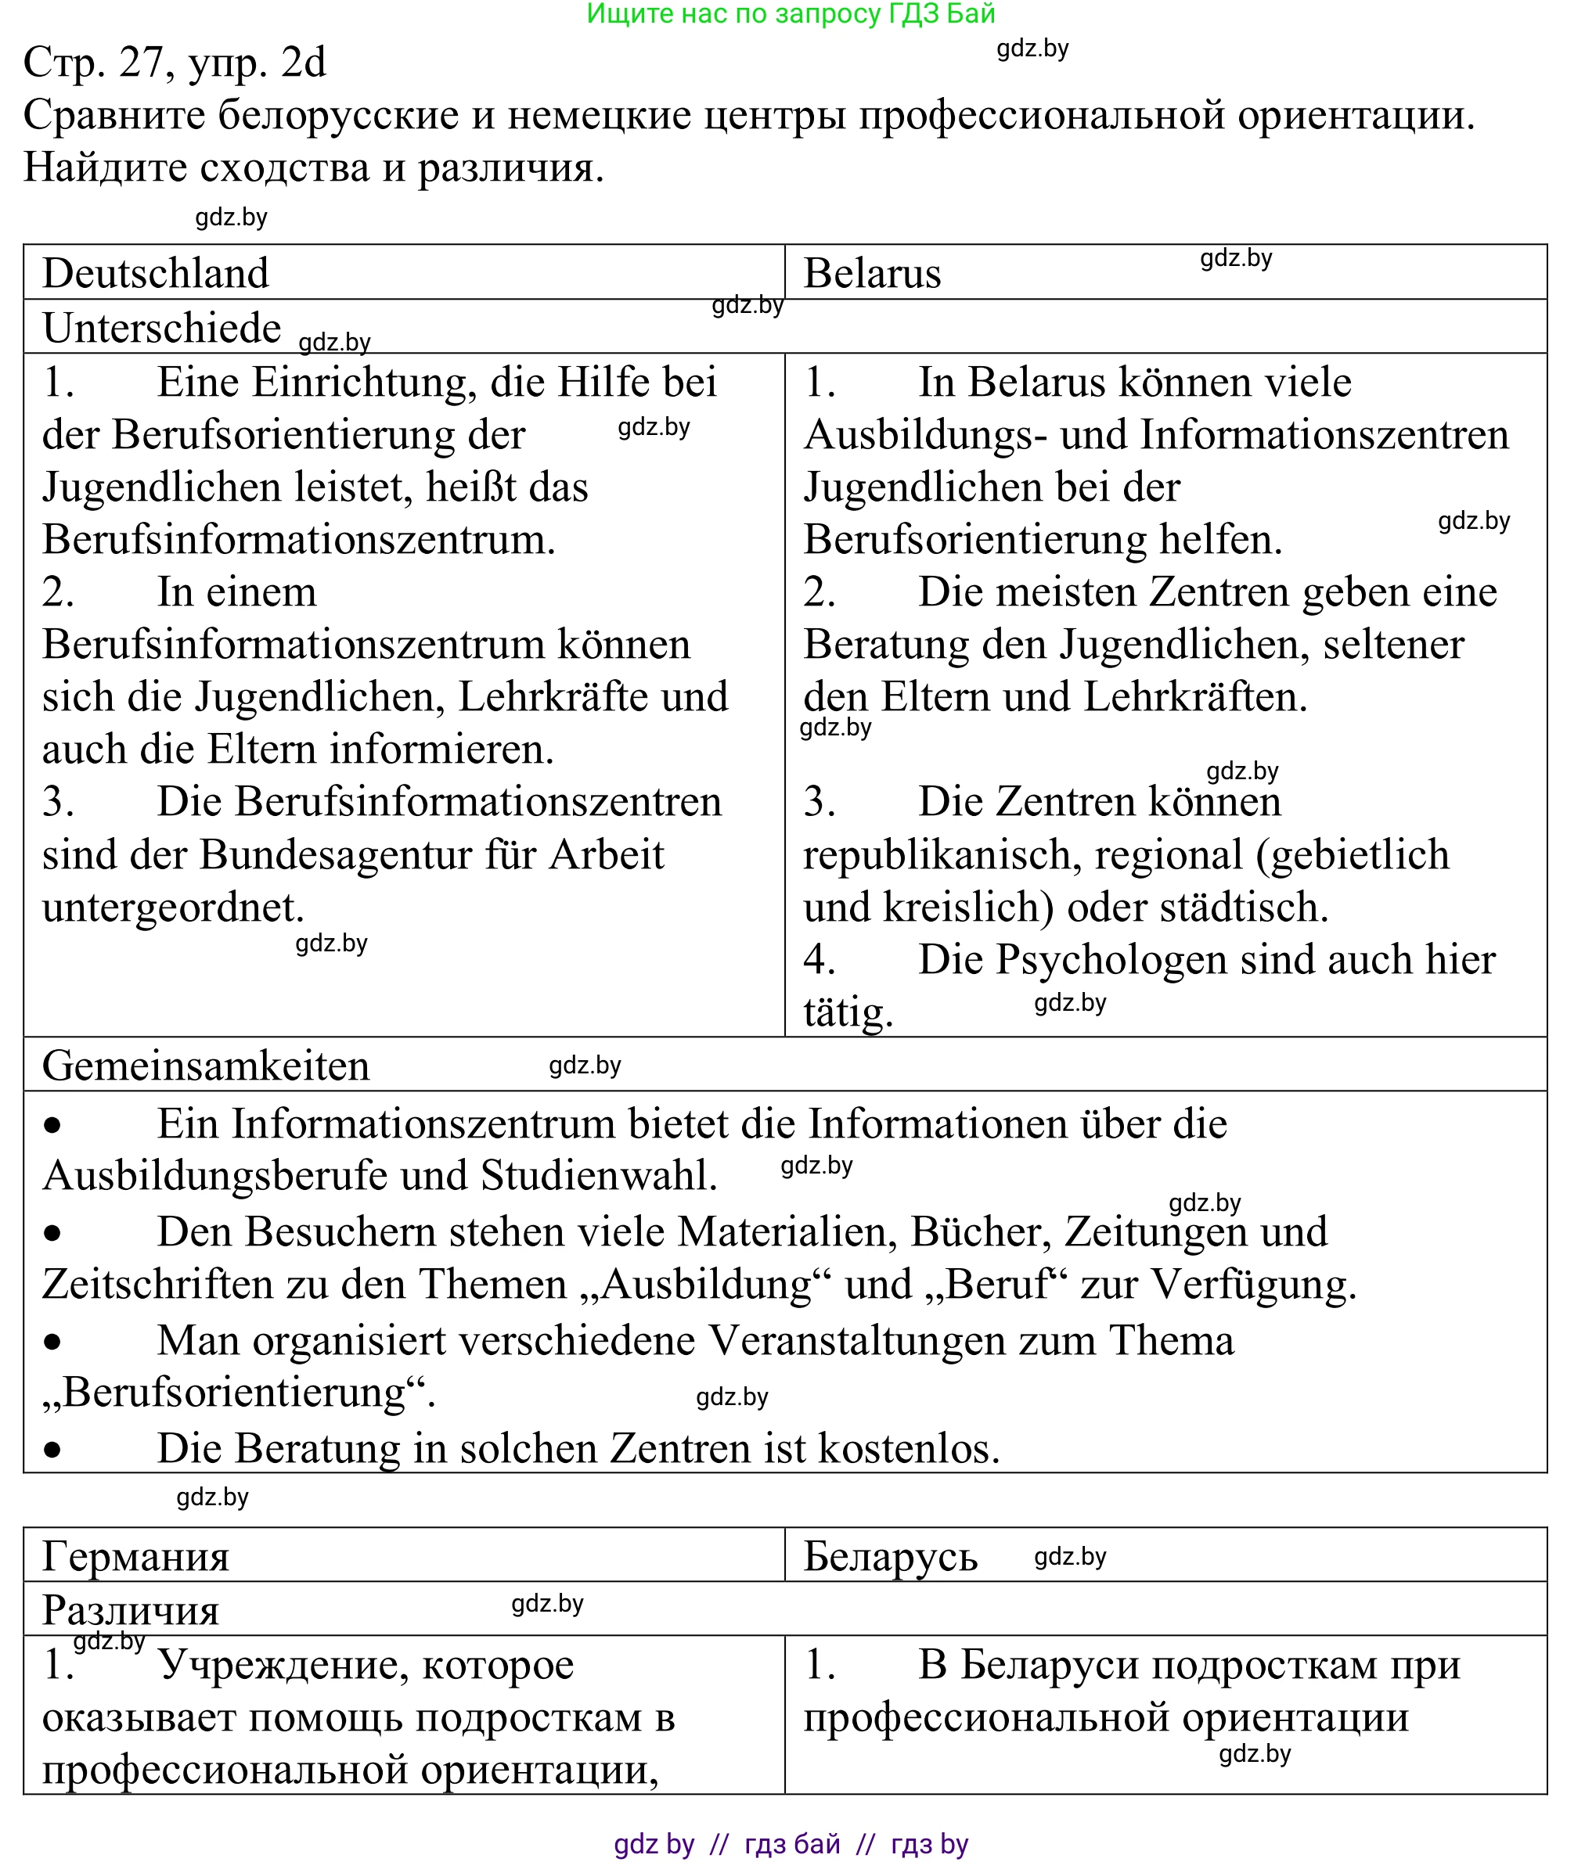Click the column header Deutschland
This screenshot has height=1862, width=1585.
(x=156, y=273)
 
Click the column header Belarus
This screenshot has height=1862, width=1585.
(x=872, y=273)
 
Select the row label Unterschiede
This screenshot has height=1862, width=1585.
(x=162, y=328)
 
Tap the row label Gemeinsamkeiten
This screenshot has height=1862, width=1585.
(x=206, y=1066)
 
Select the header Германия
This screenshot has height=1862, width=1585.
(x=135, y=1557)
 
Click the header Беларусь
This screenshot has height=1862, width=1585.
(x=889, y=1557)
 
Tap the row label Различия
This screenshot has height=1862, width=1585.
(x=130, y=1611)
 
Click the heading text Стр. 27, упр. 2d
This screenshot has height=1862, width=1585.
(x=175, y=62)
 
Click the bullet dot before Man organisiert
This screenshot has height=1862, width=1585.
(x=53, y=1343)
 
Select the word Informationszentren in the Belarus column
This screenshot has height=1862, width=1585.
(x=1324, y=436)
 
